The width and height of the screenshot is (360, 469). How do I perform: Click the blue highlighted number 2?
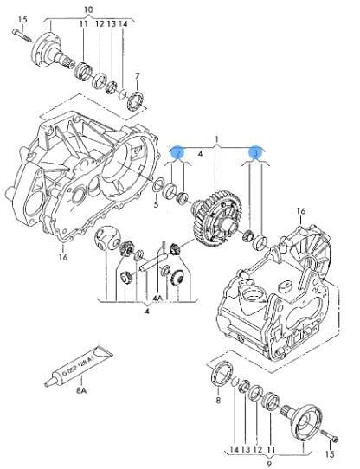[x=177, y=153]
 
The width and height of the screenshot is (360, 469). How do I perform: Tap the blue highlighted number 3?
[x=256, y=153]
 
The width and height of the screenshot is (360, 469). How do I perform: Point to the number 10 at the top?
[x=87, y=10]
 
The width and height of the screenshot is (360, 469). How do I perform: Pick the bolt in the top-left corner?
[x=21, y=35]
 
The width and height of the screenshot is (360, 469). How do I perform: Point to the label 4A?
[x=157, y=299]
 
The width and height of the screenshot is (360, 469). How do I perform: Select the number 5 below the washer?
[x=156, y=205]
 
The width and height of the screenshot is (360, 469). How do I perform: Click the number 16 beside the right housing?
[x=301, y=209]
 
